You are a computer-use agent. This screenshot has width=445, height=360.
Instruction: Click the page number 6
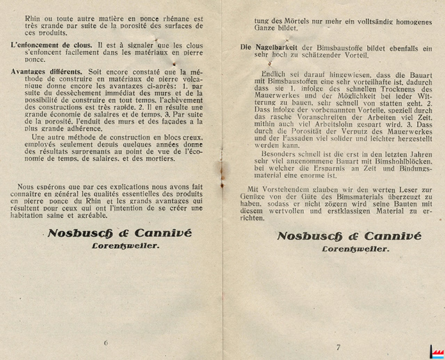106,343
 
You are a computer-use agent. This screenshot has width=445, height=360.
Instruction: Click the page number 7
339,345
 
